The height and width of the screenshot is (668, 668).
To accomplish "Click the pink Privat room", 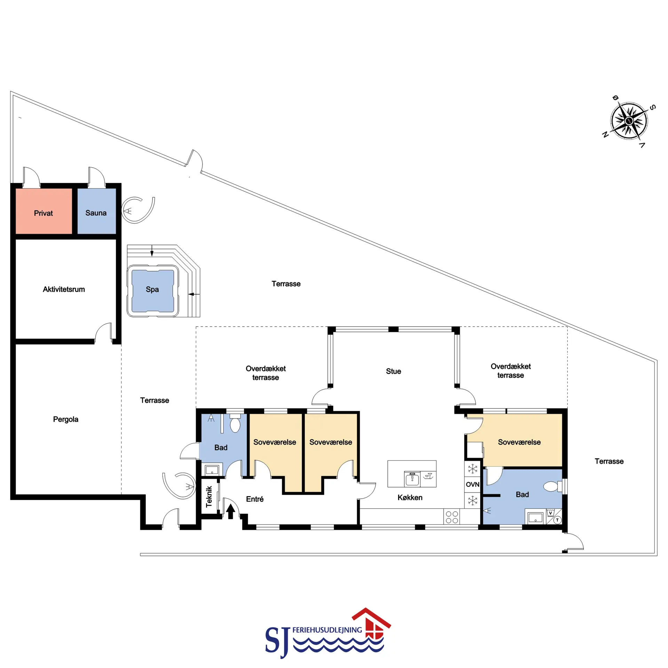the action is [x=43, y=211].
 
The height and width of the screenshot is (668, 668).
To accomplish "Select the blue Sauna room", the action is [x=96, y=211].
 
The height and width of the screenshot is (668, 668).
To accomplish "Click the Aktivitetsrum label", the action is [x=64, y=289].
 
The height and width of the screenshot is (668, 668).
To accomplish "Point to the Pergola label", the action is [x=65, y=419].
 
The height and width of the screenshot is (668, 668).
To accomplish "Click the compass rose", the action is [x=629, y=121].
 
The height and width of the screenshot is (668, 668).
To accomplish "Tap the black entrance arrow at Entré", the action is [x=231, y=511].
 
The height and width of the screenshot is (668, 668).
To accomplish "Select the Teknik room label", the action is [x=209, y=496].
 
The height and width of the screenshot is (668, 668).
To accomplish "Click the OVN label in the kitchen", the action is [x=472, y=484].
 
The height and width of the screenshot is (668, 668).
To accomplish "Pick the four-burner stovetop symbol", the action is [x=452, y=517].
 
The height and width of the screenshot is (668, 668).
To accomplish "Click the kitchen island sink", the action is [x=412, y=479].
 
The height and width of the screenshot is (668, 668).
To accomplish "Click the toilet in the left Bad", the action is [x=235, y=423].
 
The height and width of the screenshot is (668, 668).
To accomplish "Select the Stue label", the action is [x=393, y=371].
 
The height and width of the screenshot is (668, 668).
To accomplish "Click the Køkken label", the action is [x=410, y=498].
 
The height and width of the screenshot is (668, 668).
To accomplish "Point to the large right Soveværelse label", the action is [x=519, y=442].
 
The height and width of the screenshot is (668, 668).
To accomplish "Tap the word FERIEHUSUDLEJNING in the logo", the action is [x=327, y=630].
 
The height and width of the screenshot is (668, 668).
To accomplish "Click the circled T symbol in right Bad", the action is [x=557, y=520].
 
